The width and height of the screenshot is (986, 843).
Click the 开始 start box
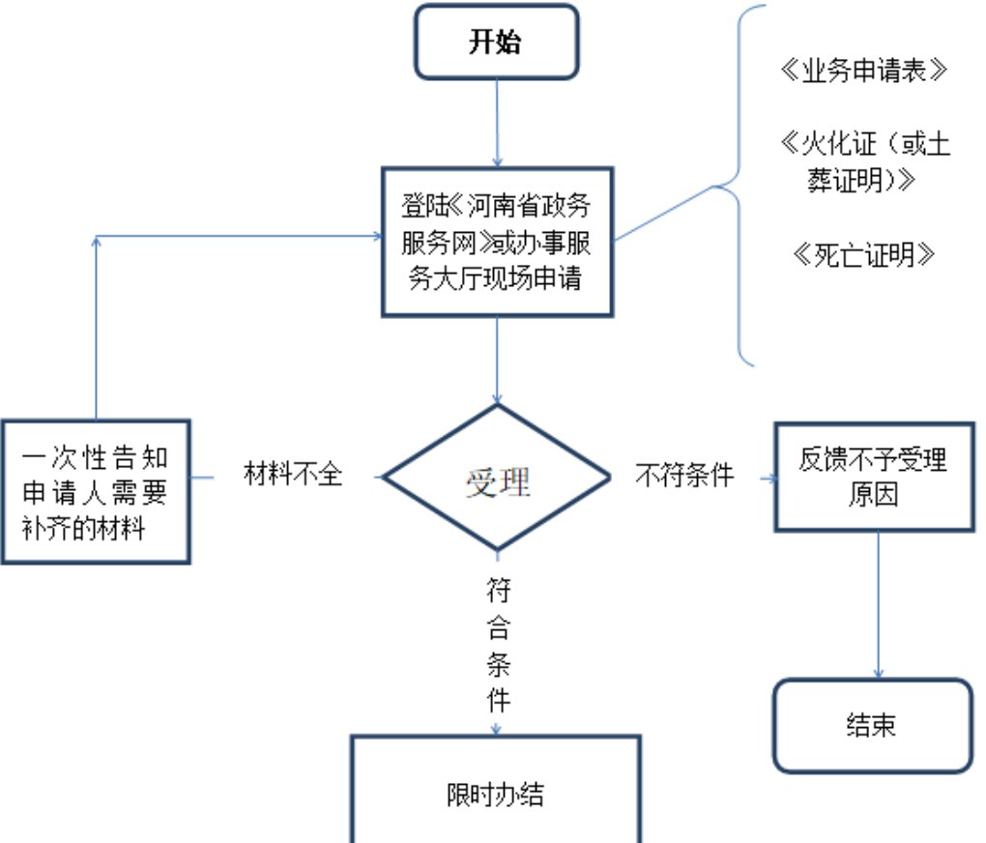click(x=496, y=43)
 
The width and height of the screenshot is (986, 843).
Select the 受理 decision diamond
click(x=497, y=478)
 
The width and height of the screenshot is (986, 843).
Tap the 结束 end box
click(x=873, y=725)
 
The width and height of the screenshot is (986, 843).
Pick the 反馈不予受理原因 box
click(x=873, y=477)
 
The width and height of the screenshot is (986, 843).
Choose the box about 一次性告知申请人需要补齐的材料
click(x=95, y=491)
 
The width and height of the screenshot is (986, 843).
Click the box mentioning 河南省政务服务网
click(x=497, y=242)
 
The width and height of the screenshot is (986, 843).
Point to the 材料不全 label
click(x=293, y=475)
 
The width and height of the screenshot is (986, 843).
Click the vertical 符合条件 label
click(x=498, y=643)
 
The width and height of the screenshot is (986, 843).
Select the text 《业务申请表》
click(x=859, y=73)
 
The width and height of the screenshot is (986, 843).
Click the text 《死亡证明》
click(x=863, y=254)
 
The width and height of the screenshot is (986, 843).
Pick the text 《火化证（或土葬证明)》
click(x=863, y=161)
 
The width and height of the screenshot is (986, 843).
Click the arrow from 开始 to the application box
click(x=497, y=121)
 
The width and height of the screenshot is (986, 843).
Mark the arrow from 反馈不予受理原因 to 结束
click(x=879, y=604)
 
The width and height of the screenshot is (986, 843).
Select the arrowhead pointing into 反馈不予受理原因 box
click(x=770, y=478)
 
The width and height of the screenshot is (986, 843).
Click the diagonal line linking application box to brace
click(x=665, y=212)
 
